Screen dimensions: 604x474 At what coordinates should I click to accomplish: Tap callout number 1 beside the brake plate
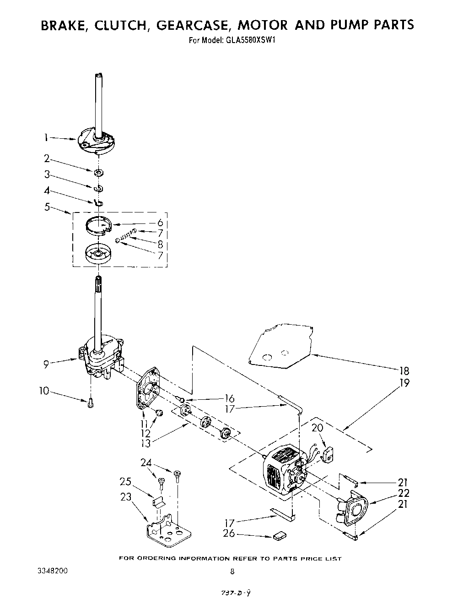pos(46,136)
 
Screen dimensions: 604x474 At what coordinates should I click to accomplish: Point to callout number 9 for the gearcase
pos(46,365)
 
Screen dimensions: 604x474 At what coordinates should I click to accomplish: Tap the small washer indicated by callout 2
pos(98,173)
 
